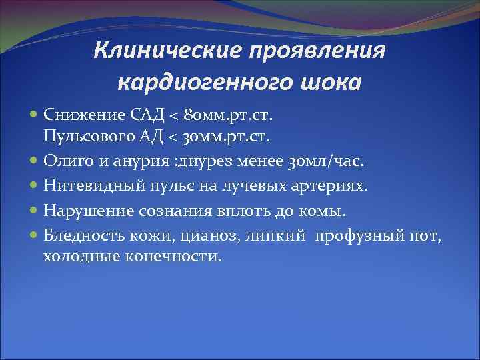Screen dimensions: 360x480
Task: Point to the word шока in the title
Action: [x=326, y=83]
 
